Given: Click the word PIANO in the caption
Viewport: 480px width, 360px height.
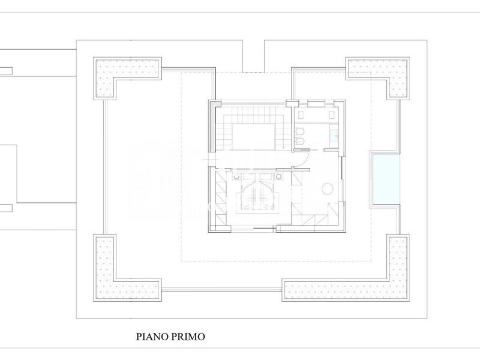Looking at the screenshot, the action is [152, 337].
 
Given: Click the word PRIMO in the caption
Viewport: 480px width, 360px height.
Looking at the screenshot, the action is [188, 337].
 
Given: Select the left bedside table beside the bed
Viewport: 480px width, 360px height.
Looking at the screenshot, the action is [236, 176].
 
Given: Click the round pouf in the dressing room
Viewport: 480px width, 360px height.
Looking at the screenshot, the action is [328, 188].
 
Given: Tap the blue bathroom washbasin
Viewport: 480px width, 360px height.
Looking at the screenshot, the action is [334, 135].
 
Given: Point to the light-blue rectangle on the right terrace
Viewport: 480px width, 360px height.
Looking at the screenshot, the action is [386, 179].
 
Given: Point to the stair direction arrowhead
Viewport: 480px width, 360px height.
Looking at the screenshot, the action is [283, 148].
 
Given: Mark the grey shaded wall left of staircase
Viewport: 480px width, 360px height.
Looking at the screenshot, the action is [212, 126].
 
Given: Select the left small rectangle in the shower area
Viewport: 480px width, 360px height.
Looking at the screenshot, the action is [301, 115].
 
